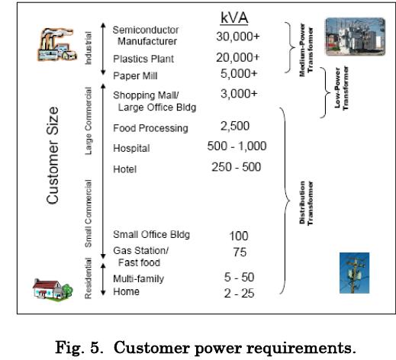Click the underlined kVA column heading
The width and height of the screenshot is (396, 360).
pos(234,18)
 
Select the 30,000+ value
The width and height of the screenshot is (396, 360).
pos(238,37)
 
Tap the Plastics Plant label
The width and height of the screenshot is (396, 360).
pos(143,59)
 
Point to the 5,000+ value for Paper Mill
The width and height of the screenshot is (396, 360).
pos(239,74)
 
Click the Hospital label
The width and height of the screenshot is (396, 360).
pos(131,148)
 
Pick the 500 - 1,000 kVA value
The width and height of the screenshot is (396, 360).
pos(237,146)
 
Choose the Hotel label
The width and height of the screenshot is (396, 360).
pos(124,169)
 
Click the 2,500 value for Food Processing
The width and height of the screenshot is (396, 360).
pos(235,126)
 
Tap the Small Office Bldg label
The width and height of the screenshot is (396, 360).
pos(151,234)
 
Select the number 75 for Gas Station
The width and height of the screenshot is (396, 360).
pos(240,252)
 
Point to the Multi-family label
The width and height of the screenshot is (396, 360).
pos(139,279)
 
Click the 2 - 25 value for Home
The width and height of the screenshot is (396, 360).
pos(239,294)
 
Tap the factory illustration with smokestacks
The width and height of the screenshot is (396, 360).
pos(57,44)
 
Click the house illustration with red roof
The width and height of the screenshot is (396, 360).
pos(53,289)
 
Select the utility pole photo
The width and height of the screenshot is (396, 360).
pos(354,273)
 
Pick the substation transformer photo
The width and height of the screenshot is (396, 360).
pos(356,37)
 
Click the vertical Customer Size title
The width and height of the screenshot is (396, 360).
pos(53,156)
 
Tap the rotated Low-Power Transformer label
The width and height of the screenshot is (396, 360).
pos(341,88)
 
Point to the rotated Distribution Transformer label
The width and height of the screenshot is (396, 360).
pos(306,203)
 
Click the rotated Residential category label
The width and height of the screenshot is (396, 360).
pos(88,278)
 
